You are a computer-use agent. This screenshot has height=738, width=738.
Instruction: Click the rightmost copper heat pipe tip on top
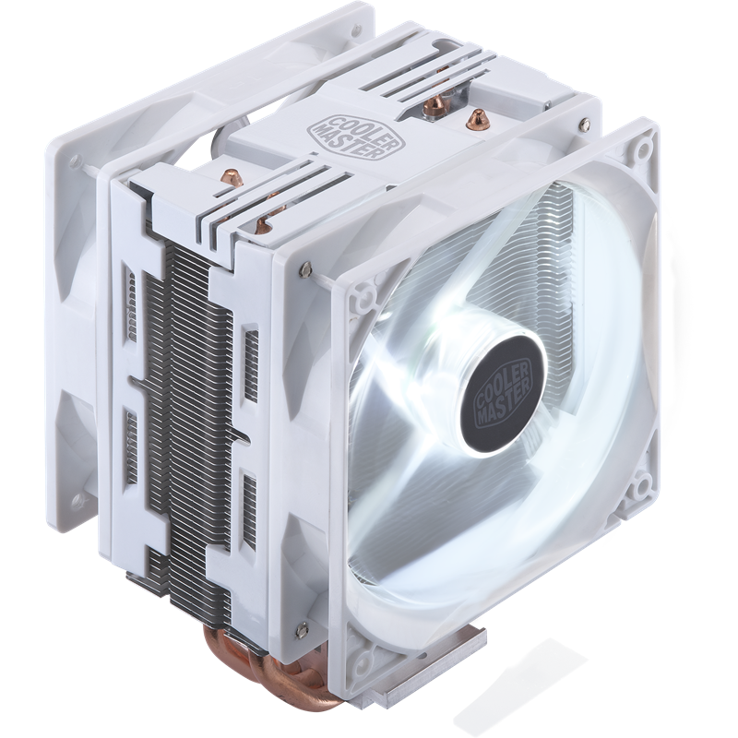pos(478,119)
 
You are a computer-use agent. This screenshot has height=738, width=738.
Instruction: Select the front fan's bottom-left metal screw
pos(303,628)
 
